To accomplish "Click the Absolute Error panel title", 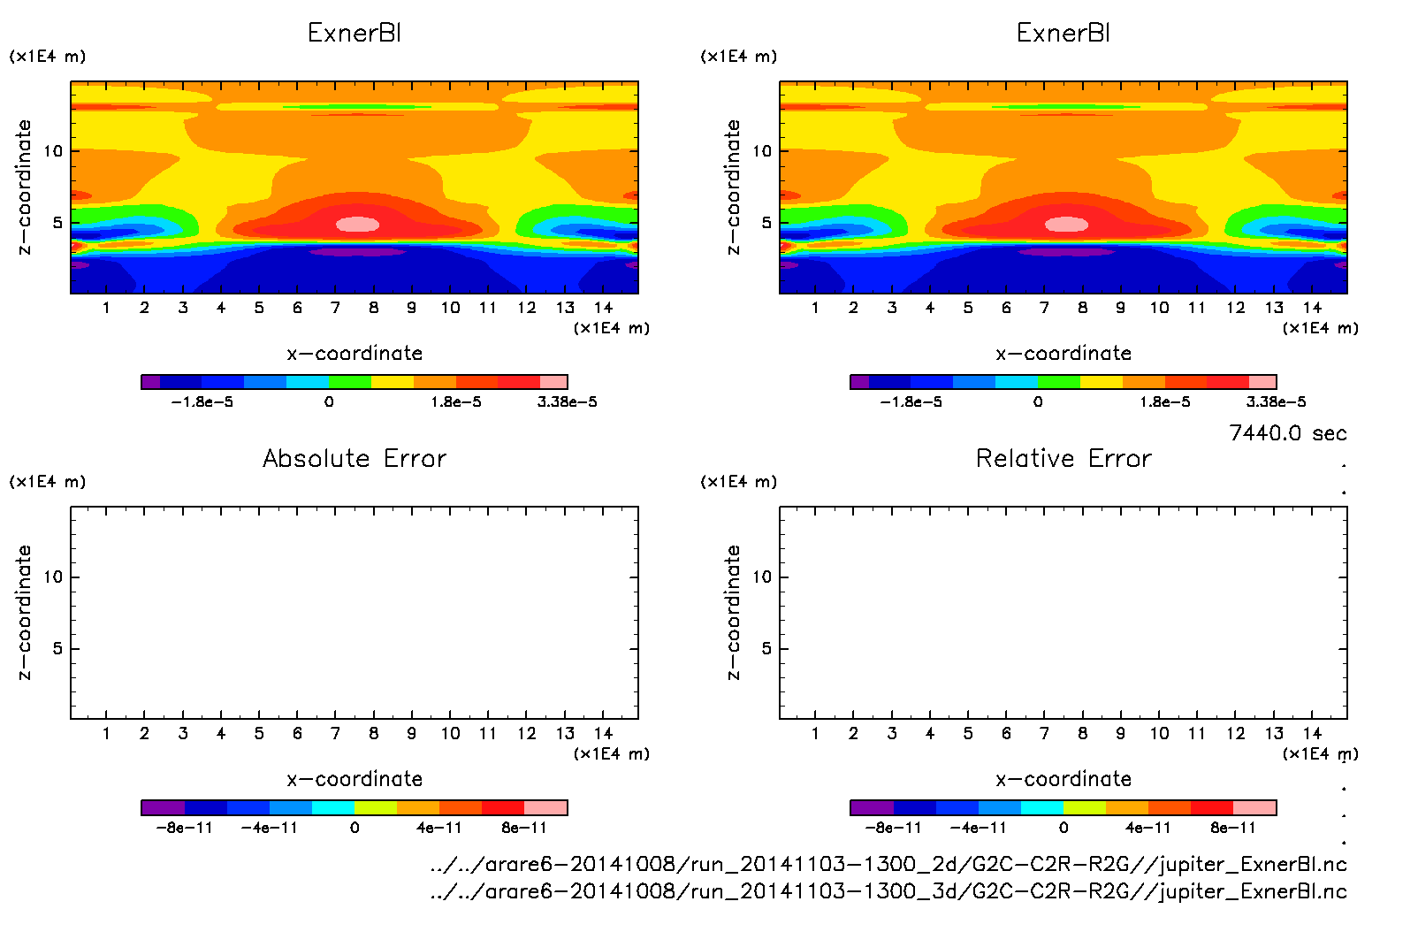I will [x=354, y=458].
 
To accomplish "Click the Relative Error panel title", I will [x=1063, y=458].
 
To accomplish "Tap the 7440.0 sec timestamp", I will [x=1287, y=433].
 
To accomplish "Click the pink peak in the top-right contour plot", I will [x=1067, y=225].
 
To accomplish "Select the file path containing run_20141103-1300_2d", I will [x=888, y=864].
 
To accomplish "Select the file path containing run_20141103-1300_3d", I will [x=888, y=891].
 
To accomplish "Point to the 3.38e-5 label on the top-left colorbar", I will [x=567, y=402].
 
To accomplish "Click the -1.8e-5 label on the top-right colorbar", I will [x=911, y=402].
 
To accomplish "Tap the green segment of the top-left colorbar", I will [x=349, y=382].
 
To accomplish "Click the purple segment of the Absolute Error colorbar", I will [x=163, y=807].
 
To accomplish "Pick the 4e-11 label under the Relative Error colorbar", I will [x=1147, y=829].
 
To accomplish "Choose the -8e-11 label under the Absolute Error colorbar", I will [x=184, y=829].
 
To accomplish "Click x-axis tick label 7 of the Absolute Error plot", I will [x=335, y=733].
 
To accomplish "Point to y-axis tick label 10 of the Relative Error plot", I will [x=762, y=577].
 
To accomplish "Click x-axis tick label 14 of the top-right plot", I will [x=1312, y=308].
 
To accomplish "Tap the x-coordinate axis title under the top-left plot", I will [x=354, y=354].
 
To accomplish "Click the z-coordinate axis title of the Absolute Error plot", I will [x=25, y=612].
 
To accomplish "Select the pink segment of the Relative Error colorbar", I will [x=1254, y=807].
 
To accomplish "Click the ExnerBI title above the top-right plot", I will [x=1063, y=34].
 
